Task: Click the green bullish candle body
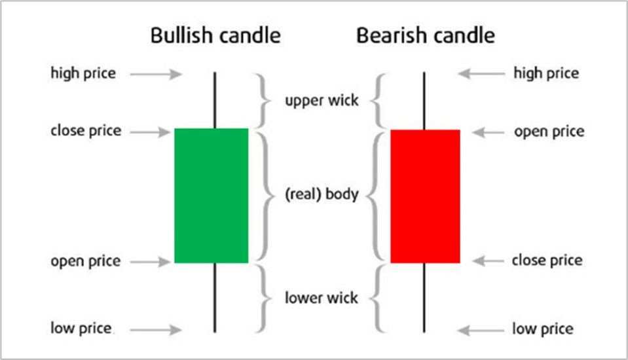[211, 195]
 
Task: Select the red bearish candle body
[425, 196]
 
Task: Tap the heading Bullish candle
[215, 35]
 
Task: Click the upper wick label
[322, 101]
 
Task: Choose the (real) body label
[322, 195]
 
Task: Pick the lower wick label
[322, 298]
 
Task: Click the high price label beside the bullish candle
[83, 73]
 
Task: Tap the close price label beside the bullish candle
[86, 131]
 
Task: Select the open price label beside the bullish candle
[86, 262]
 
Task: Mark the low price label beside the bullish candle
[81, 328]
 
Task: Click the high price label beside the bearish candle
[546, 73]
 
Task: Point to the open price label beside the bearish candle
[549, 132]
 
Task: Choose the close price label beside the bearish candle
[547, 261]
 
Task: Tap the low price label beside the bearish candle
[543, 329]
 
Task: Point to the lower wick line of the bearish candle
[425, 297]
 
